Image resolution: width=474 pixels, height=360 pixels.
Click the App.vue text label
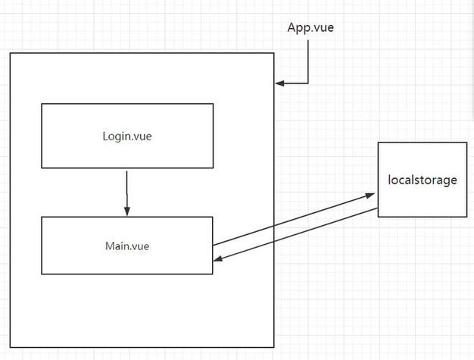coord(310,28)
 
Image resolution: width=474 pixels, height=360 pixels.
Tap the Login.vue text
coord(127,136)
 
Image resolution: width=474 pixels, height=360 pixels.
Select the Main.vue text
coord(127,246)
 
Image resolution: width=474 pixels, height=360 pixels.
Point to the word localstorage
coord(423,180)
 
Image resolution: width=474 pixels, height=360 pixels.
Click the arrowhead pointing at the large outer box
coord(279,83)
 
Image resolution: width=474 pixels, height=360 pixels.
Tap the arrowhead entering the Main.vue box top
coord(127,211)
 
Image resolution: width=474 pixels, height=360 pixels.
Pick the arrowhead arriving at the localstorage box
coord(370,196)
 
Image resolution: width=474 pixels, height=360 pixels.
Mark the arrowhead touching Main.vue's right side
coord(218,258)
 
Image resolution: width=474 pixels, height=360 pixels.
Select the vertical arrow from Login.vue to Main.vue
coord(127,193)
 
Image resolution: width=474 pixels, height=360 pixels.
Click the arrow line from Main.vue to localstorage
coord(294,219)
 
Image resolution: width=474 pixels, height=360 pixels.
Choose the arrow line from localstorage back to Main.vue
coord(295,234)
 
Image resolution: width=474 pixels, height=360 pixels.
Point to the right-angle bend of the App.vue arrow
coord(308,83)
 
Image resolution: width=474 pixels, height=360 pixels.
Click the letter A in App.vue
coord(292,27)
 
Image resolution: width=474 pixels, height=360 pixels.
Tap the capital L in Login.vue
coord(105,136)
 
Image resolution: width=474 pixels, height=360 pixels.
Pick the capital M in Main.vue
coord(110,246)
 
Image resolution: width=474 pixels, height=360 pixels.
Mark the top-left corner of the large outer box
coord(11,53)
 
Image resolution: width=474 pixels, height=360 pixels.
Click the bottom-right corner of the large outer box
coord(274,347)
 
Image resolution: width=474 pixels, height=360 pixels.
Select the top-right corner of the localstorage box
coord(467,142)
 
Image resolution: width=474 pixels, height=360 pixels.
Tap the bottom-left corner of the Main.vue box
coord(42,274)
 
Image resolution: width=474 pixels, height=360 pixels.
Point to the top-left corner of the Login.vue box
coord(42,104)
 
